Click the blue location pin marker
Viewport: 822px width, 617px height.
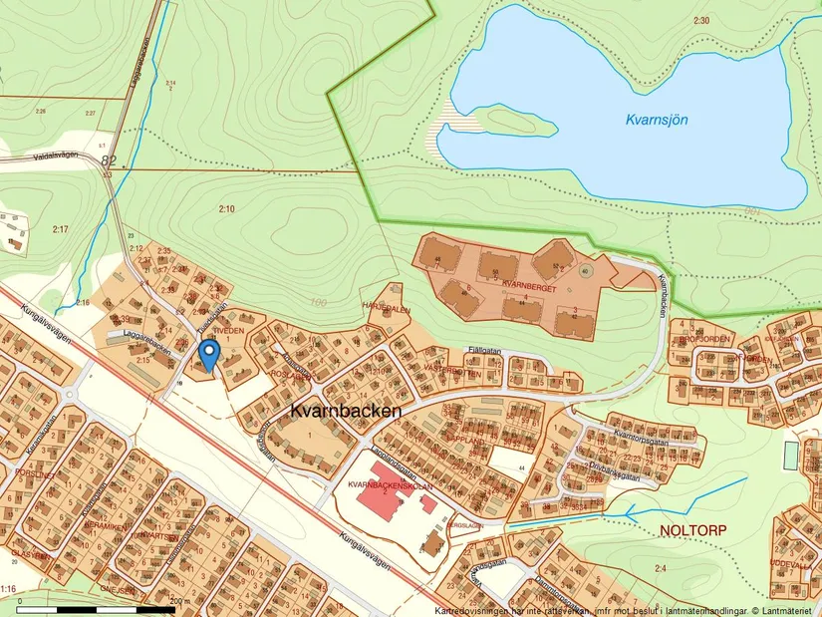pos(209,353)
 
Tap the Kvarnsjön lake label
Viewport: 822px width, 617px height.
pos(657,120)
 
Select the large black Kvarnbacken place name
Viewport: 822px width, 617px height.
pos(346,410)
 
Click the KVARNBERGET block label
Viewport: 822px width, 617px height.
pos(528,284)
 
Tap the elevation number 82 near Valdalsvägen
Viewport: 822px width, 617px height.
pos(109,159)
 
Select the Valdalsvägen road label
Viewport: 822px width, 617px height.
pos(56,156)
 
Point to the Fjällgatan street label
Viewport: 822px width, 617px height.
pos(485,350)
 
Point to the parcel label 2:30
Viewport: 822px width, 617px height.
pos(701,21)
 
